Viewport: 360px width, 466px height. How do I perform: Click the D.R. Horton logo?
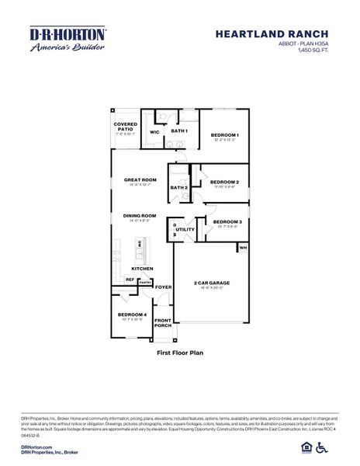67,39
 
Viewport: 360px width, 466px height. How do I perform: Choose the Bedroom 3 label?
227,221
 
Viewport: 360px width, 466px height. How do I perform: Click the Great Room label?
140,180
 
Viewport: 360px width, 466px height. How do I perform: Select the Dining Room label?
140,215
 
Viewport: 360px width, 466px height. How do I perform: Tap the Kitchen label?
141,269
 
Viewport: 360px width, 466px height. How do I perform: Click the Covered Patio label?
126,126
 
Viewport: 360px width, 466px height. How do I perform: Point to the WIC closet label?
154,132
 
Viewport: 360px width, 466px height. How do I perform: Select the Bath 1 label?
179,131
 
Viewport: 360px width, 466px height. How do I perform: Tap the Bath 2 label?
179,187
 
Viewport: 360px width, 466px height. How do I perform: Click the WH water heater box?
243,248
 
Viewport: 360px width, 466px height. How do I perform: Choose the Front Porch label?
163,323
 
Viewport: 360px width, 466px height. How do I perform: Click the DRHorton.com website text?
36,447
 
